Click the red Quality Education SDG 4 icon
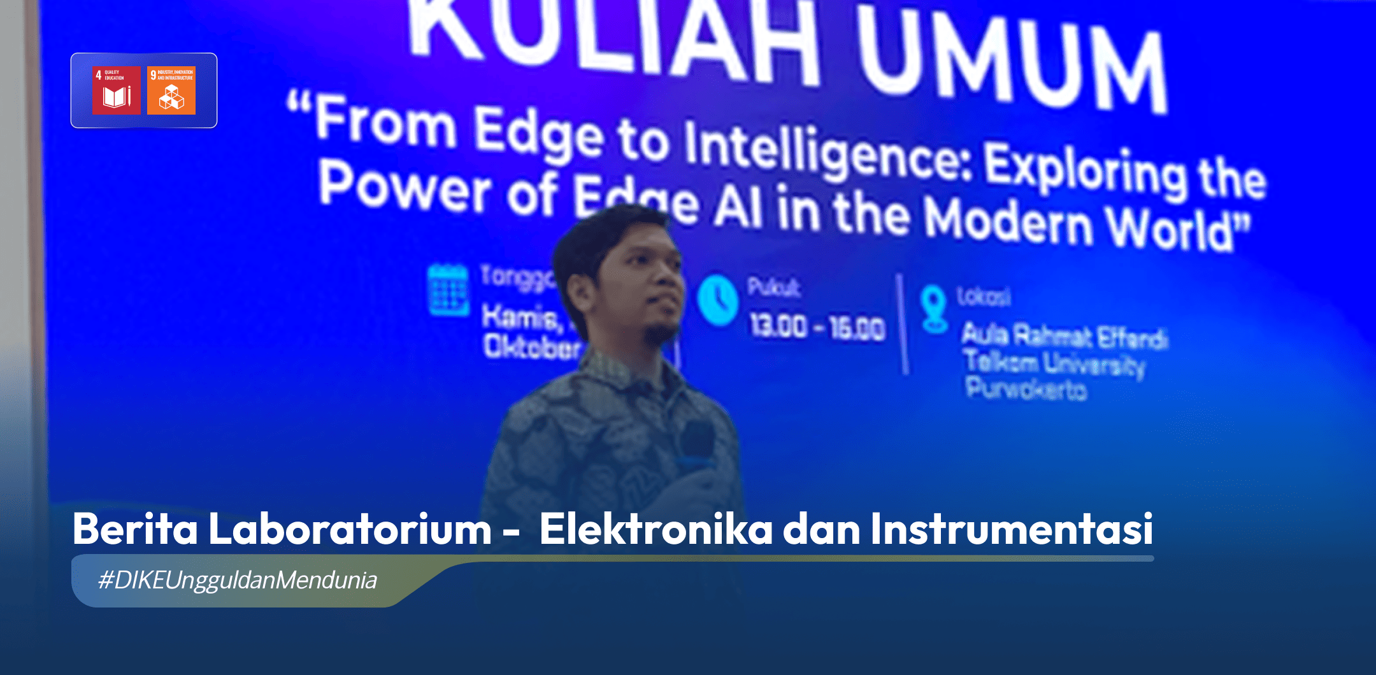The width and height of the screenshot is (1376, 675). [117, 90]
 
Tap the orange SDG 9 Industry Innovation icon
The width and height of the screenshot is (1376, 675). [171, 90]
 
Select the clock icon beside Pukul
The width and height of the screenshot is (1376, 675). [718, 300]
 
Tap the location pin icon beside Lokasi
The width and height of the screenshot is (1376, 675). [934, 309]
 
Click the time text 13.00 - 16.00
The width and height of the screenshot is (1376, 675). [817, 327]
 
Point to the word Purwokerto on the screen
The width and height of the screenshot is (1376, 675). [1026, 388]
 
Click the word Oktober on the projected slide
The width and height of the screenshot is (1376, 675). [531, 348]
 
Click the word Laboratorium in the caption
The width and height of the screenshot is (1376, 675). [350, 529]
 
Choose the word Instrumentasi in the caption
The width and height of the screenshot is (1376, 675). [1012, 529]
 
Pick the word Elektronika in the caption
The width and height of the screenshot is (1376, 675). [656, 529]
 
